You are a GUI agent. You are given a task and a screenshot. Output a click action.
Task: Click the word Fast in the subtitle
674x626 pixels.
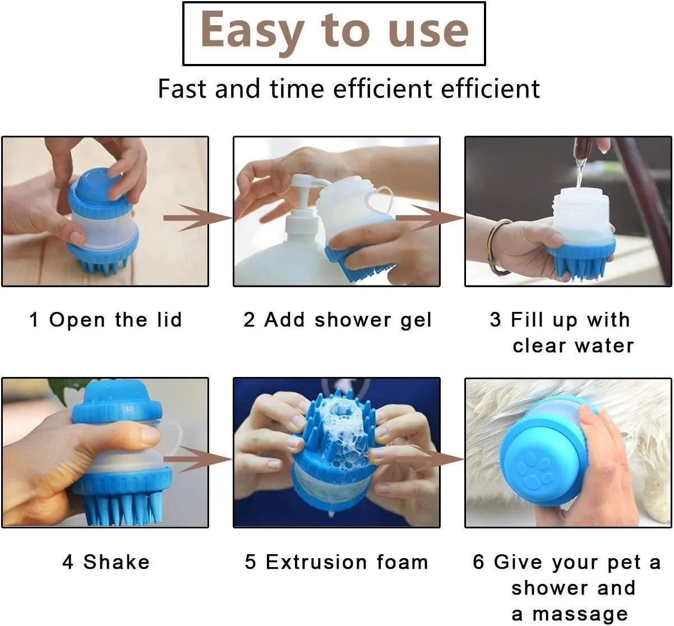pyautogui.click(x=182, y=89)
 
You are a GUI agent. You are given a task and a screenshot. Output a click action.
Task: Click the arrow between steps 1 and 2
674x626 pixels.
pyautogui.click(x=197, y=218)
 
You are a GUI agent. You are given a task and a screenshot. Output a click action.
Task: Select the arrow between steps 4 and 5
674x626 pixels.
pyautogui.click(x=197, y=459)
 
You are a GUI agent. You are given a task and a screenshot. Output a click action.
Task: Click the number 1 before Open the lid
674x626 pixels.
pyautogui.click(x=34, y=320)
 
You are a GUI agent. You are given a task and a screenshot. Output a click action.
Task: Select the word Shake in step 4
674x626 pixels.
pyautogui.click(x=117, y=562)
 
